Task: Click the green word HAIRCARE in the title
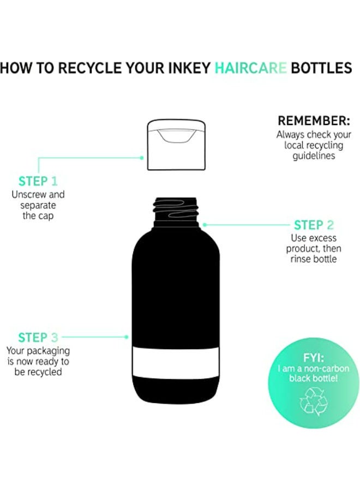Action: click(x=250, y=68)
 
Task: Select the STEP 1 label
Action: click(x=38, y=181)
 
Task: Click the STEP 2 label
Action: click(x=314, y=225)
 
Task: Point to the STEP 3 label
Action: click(x=38, y=338)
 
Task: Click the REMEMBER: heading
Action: click(x=314, y=121)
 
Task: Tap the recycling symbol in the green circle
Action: click(x=313, y=402)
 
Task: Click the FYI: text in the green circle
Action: click(x=313, y=357)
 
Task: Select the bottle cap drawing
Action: click(x=176, y=145)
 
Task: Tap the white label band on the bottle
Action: click(x=176, y=363)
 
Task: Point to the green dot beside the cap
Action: click(x=142, y=158)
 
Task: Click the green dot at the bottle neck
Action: click(x=205, y=225)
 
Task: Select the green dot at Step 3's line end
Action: click(x=126, y=337)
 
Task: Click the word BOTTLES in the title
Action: click(x=321, y=68)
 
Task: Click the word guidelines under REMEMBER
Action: click(x=314, y=156)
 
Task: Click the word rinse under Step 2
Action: click(x=300, y=259)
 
